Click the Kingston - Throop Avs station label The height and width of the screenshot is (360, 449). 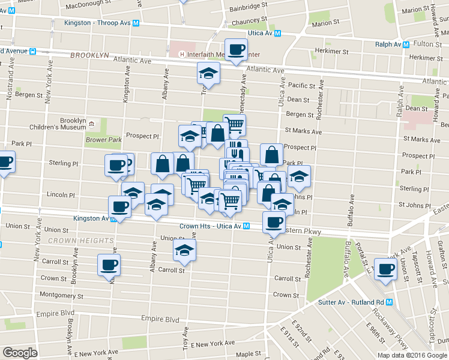click(98, 23)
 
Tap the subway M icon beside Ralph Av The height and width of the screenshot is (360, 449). click(406, 44)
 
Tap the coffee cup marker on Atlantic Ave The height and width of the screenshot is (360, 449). click(235, 50)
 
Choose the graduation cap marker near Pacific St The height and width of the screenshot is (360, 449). click(208, 74)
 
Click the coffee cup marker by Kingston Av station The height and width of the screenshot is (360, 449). click(119, 207)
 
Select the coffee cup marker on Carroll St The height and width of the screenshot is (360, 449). click(109, 265)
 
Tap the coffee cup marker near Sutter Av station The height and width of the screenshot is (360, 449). click(385, 268)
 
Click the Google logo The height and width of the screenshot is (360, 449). click(20, 353)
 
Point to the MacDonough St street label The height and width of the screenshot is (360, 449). click(89, 5)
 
